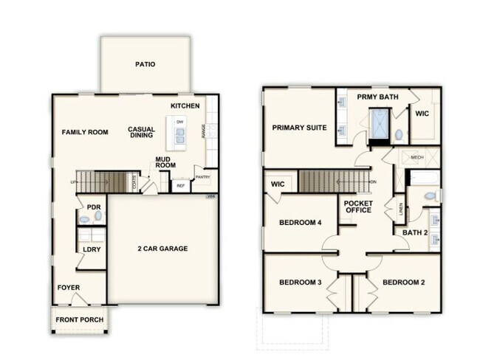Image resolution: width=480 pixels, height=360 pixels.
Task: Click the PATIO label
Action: point(145,64)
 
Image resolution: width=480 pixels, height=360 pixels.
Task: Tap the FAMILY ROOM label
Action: point(85,132)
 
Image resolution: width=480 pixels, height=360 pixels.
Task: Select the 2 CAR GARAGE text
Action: point(163,249)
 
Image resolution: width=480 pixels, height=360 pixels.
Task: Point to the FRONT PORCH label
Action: point(78,321)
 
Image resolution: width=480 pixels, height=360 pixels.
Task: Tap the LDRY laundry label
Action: point(92,249)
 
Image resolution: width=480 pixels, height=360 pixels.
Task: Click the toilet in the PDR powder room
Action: point(84,219)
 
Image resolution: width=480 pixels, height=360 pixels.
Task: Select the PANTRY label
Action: point(202,177)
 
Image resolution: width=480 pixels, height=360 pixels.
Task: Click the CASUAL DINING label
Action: point(141,131)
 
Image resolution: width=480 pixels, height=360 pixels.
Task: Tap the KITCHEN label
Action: point(185,106)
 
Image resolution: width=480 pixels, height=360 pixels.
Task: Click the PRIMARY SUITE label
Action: point(299,128)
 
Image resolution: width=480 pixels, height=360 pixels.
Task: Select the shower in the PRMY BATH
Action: point(380,125)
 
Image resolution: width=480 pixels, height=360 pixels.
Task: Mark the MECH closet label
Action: point(416,157)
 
